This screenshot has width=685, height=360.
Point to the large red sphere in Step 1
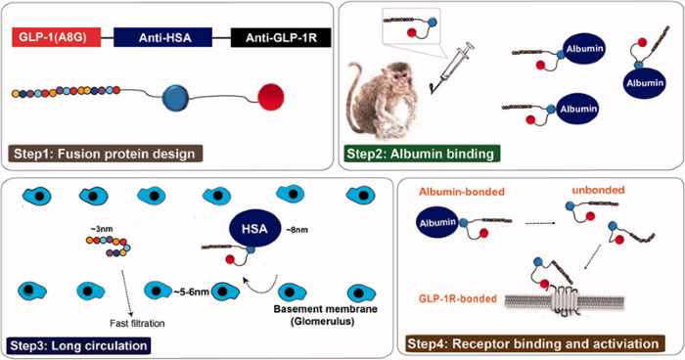271,99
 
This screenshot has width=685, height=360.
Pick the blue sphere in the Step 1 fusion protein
177,98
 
